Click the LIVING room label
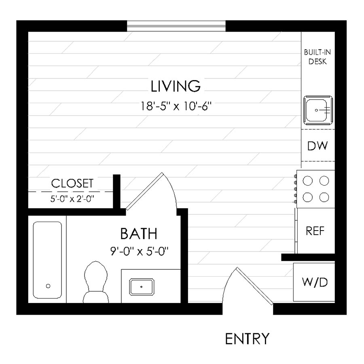pyautogui.click(x=176, y=86)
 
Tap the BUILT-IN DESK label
pyautogui.click(x=318, y=57)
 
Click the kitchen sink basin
pyautogui.click(x=318, y=109)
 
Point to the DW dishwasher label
pyautogui.click(x=317, y=146)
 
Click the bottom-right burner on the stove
pyautogui.click(x=324, y=197)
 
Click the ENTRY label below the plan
pyautogui.click(x=247, y=339)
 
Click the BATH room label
pyautogui.click(x=139, y=234)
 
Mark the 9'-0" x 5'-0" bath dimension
pyautogui.click(x=139, y=251)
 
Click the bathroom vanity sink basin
pyautogui.click(x=142, y=286)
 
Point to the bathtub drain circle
pyautogui.click(x=48, y=286)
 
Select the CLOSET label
pyautogui.click(x=72, y=183)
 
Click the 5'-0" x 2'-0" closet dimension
pyautogui.click(x=72, y=199)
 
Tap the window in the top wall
pyautogui.click(x=176, y=25)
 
